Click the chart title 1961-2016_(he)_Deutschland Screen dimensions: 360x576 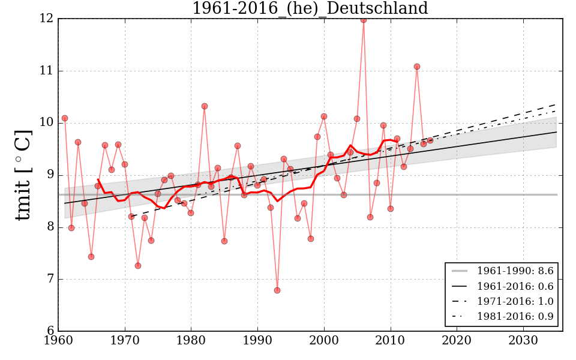tap(310, 8)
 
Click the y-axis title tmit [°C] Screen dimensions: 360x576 tap(23, 175)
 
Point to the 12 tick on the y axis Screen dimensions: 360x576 tap(47, 19)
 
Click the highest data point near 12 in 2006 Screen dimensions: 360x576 tap(364, 19)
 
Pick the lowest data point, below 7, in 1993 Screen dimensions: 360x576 tap(277, 290)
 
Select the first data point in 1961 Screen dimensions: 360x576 tap(65, 118)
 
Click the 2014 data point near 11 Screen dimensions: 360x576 tap(417, 67)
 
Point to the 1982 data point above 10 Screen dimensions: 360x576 tap(205, 106)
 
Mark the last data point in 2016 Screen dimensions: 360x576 tap(430, 140)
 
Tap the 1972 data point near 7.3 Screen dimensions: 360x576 tap(138, 266)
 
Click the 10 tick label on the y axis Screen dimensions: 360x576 tap(47, 123)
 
